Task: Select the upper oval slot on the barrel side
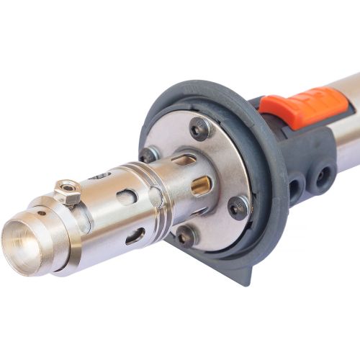click(127, 197)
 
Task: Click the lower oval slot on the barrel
click(135, 236)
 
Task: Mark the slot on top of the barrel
click(101, 175)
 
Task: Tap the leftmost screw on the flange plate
click(150, 153)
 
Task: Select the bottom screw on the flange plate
click(186, 235)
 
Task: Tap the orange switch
click(302, 104)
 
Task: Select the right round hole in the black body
click(322, 174)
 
